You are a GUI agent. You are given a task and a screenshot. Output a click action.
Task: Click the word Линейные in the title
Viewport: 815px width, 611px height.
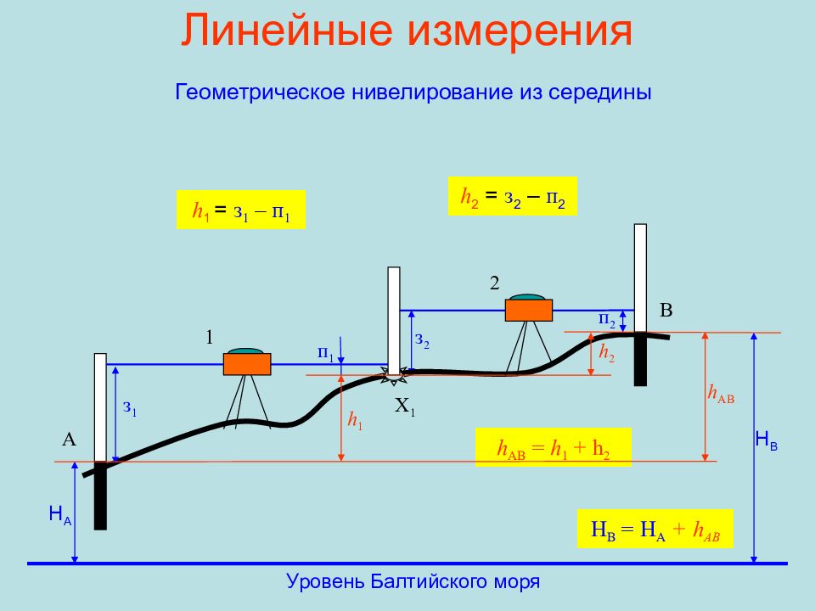click(x=286, y=31)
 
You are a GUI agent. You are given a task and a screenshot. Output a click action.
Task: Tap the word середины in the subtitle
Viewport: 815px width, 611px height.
click(x=600, y=92)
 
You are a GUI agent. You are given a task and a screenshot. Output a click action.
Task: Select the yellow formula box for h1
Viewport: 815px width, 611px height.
click(x=240, y=210)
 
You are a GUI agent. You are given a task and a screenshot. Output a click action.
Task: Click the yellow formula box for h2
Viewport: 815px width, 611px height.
click(x=513, y=196)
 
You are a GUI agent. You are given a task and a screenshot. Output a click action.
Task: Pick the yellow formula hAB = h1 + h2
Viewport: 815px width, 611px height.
click(x=553, y=447)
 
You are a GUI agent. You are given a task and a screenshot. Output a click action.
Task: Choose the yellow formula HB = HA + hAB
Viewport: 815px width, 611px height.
click(x=655, y=529)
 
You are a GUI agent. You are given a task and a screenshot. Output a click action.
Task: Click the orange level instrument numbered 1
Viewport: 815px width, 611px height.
click(x=247, y=362)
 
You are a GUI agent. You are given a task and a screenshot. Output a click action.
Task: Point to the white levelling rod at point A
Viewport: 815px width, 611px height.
click(x=100, y=407)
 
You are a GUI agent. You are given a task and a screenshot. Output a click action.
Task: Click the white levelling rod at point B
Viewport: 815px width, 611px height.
click(x=640, y=278)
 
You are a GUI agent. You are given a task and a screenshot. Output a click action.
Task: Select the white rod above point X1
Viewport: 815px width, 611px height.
click(x=394, y=321)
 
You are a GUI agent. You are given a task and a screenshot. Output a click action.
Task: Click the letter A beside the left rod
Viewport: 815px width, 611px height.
click(x=69, y=440)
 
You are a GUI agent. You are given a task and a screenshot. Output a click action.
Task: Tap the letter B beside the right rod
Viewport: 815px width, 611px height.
click(x=666, y=311)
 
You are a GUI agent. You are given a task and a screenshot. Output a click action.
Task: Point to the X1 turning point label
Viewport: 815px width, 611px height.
click(x=405, y=406)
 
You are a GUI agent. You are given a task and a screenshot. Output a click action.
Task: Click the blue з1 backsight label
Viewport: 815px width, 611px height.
click(x=130, y=408)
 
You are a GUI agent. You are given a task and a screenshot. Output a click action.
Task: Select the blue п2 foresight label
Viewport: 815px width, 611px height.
click(x=606, y=320)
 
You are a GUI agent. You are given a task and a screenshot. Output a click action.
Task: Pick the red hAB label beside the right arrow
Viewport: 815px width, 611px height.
click(x=721, y=395)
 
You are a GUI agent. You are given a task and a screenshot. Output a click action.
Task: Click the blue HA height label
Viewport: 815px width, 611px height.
click(x=60, y=515)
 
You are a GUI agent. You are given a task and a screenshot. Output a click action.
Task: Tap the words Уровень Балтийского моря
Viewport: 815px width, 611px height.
click(x=413, y=581)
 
